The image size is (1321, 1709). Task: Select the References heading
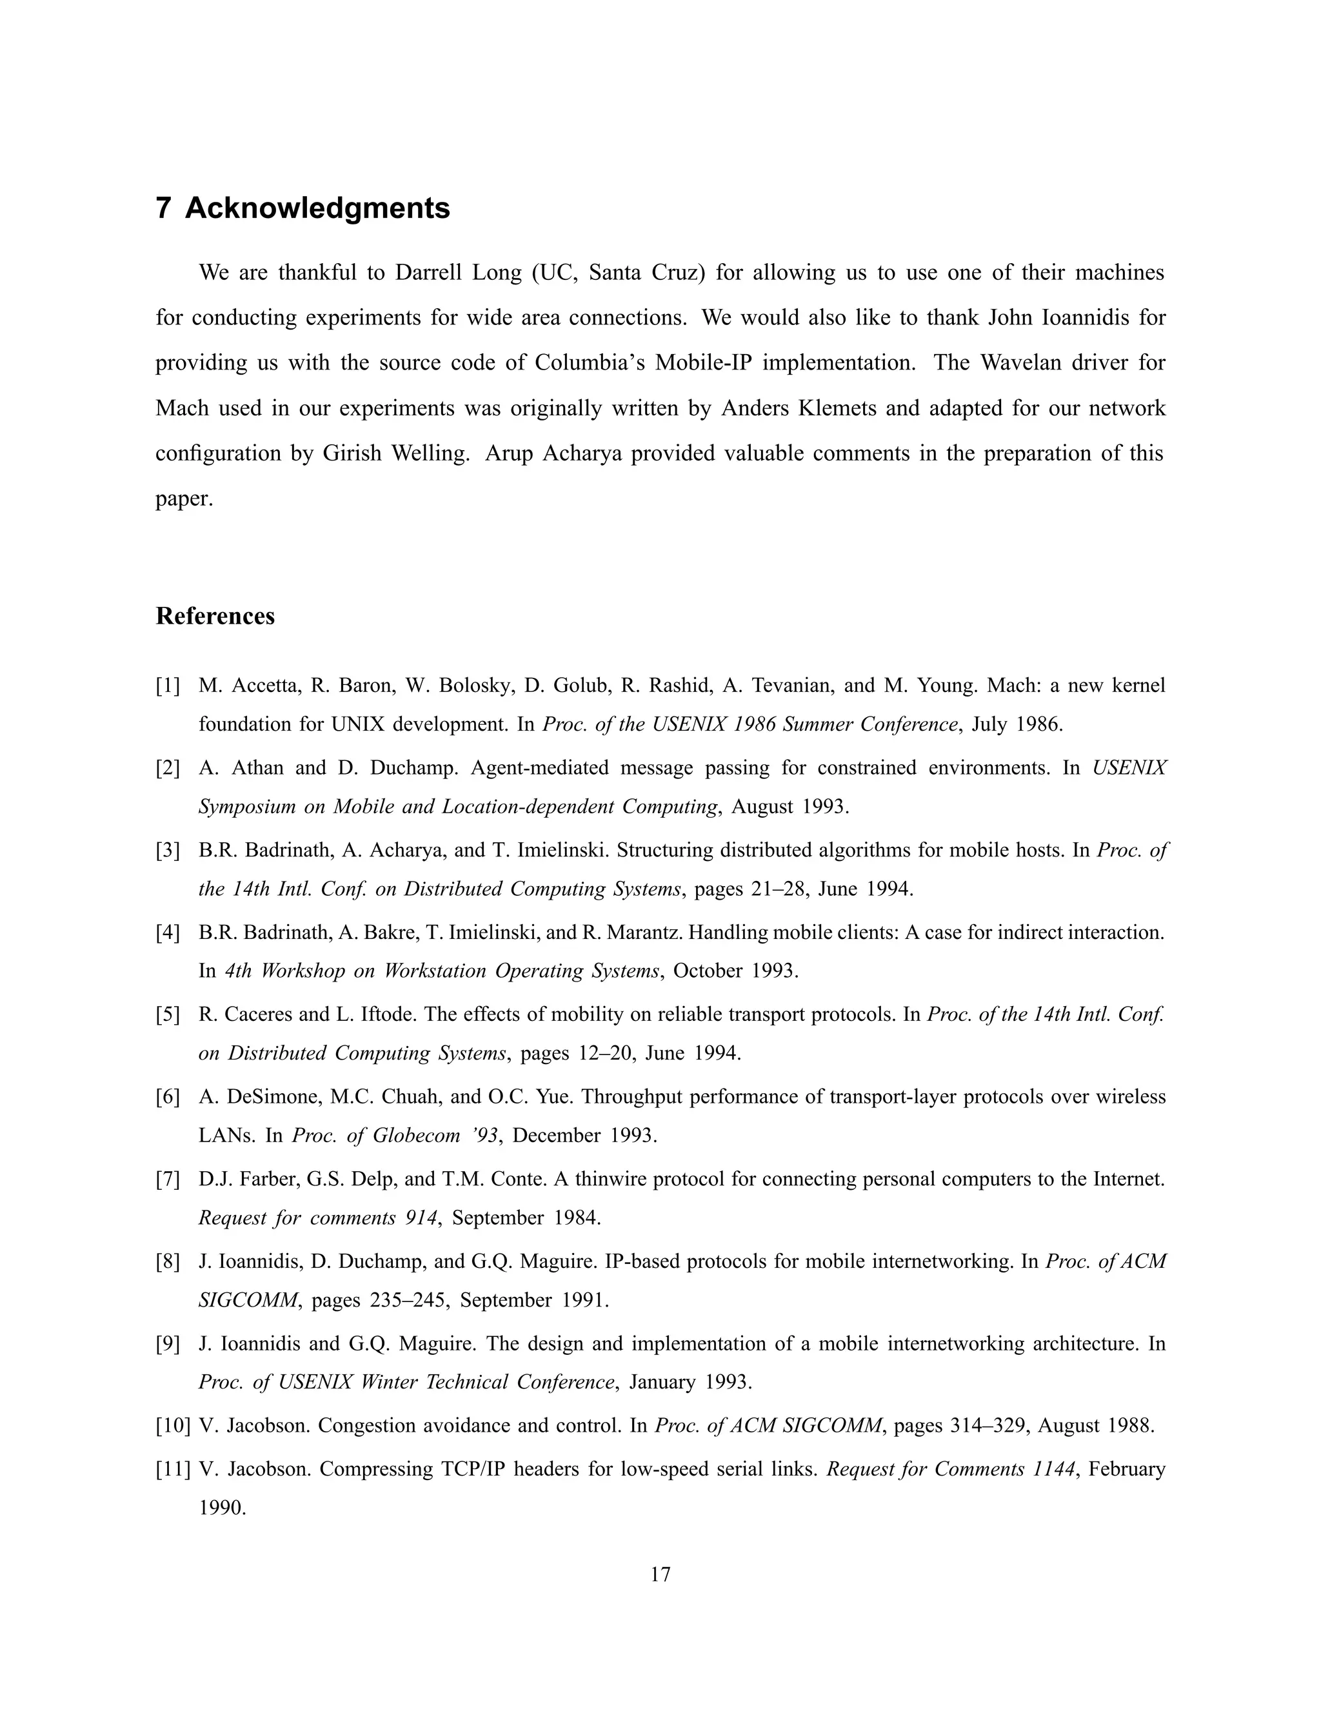click(x=215, y=616)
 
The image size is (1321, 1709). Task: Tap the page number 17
click(x=660, y=1574)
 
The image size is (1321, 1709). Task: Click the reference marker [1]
click(x=168, y=686)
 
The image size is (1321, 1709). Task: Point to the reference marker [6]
click(x=168, y=1097)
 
